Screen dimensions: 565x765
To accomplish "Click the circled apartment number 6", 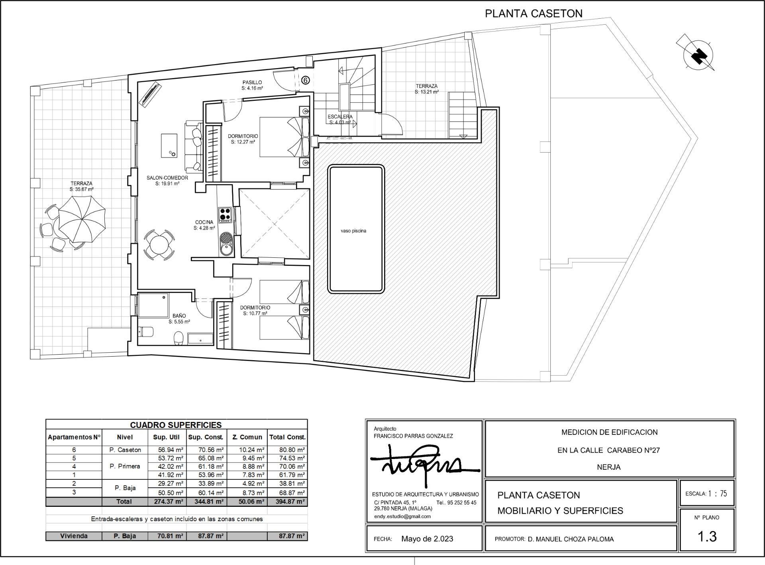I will [x=305, y=80].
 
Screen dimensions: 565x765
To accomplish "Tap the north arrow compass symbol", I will [x=698, y=55].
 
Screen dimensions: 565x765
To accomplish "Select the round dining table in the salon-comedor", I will [x=159, y=245].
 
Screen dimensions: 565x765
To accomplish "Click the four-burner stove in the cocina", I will [x=225, y=214].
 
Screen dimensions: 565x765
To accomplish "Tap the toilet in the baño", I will [x=179, y=338].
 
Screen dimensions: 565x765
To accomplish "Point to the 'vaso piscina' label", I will [x=353, y=231].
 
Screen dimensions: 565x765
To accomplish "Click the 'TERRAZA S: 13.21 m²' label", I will [x=426, y=89].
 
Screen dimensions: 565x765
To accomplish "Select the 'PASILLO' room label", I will [x=252, y=83].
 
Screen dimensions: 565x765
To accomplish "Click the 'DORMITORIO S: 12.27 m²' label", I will [x=243, y=139].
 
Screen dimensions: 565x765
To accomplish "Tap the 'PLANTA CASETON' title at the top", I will [x=533, y=14].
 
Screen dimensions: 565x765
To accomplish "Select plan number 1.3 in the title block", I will [x=707, y=536].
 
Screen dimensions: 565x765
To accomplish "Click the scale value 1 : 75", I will [x=717, y=494].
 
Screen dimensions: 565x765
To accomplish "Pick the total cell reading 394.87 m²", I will [x=290, y=502].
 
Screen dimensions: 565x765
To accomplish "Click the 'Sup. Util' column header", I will [x=166, y=437].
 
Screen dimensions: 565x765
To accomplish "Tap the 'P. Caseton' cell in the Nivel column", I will [x=125, y=450].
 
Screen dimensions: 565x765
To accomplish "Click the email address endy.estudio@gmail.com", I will [x=402, y=516].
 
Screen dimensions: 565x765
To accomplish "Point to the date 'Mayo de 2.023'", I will [x=427, y=539].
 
